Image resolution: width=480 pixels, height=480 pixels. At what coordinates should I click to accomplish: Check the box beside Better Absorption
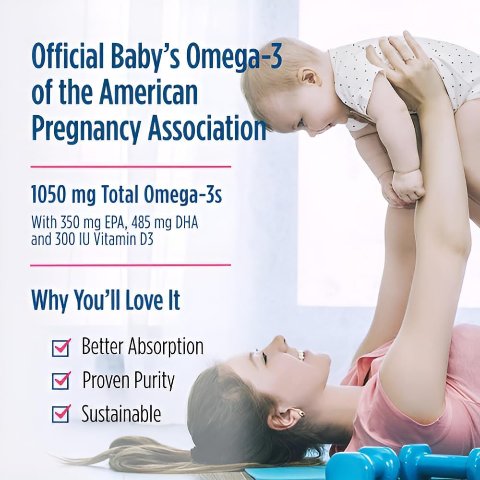point(61,348)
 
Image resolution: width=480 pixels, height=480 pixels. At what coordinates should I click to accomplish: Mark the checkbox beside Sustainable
point(61,414)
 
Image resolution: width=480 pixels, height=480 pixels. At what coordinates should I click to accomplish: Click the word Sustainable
point(121,414)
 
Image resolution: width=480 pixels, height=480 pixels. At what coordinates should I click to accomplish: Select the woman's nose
point(280,341)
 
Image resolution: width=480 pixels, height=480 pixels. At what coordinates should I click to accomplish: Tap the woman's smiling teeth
point(300,355)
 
